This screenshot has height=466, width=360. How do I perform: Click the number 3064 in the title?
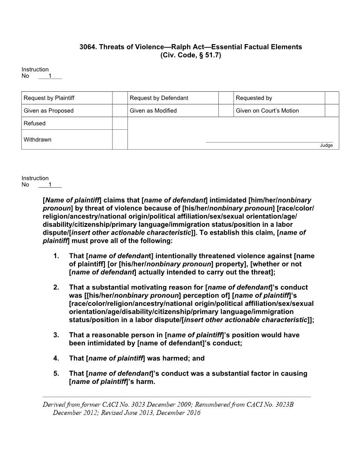point(87,47)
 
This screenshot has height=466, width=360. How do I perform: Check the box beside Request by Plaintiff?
point(120,98)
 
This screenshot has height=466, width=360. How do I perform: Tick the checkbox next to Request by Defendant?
point(226,98)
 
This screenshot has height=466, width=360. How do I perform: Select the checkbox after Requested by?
point(332,98)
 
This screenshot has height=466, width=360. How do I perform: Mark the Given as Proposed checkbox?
point(120,111)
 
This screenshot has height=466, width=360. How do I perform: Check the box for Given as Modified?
point(226,111)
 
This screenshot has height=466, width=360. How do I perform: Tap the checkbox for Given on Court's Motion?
point(332,111)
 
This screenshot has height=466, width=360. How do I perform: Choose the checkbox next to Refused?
point(120,124)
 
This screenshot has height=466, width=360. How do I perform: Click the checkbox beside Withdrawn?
point(120,139)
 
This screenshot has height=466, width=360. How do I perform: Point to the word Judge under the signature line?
point(326,146)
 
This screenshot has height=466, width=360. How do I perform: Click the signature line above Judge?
point(269,142)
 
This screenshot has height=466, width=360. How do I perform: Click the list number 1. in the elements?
point(56,256)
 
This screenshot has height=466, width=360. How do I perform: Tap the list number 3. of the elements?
point(56,335)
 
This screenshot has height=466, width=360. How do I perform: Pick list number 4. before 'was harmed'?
point(56,358)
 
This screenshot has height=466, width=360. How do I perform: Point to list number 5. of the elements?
point(56,374)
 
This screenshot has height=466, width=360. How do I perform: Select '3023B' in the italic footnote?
point(283,404)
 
